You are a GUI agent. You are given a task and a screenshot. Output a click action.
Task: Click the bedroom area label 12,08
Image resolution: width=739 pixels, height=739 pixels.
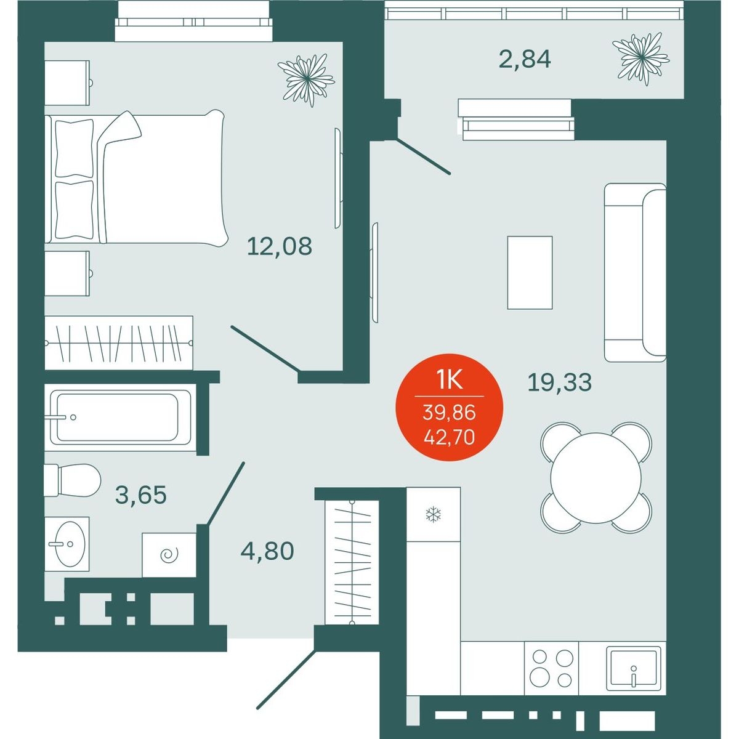pos(280,246)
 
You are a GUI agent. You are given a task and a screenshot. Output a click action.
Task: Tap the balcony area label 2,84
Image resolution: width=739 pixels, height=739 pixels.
pos(525,60)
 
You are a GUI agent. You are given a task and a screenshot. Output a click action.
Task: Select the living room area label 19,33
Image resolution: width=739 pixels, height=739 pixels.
pos(560,382)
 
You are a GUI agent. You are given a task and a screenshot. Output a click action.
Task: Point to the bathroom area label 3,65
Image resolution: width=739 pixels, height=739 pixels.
pos(141,495)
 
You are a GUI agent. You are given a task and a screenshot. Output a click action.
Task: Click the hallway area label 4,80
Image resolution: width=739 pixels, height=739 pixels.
pos(267,551)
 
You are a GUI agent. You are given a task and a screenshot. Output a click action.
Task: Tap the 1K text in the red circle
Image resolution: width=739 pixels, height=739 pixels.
pos(449,381)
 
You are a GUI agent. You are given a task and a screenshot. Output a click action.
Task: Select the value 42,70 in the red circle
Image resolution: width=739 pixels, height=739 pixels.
pos(449,437)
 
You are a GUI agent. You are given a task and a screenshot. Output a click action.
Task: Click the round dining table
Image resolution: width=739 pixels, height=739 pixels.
pos(596,477)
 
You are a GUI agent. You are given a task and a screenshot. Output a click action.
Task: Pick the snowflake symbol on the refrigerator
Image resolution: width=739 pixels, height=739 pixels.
pos(434,514)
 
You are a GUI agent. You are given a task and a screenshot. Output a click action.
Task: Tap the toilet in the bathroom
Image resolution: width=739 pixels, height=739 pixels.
pos(72,480)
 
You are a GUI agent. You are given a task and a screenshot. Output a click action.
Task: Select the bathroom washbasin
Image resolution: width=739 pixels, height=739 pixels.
pos(68,544)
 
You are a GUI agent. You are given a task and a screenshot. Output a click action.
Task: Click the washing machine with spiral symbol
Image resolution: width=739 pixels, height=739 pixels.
pos(169,555)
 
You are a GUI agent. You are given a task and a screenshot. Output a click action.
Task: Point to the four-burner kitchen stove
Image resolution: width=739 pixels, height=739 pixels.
pos(551,668)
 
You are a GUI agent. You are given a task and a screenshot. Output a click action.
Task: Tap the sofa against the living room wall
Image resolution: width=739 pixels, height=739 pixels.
pos(635,272)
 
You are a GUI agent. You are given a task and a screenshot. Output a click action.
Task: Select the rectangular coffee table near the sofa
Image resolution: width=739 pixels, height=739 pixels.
pos(530,273)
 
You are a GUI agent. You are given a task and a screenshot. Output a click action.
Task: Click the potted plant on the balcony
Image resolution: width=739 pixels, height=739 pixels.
pos(641,59)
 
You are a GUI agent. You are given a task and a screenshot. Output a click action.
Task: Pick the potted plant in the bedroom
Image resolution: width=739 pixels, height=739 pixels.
pos(306,80)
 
